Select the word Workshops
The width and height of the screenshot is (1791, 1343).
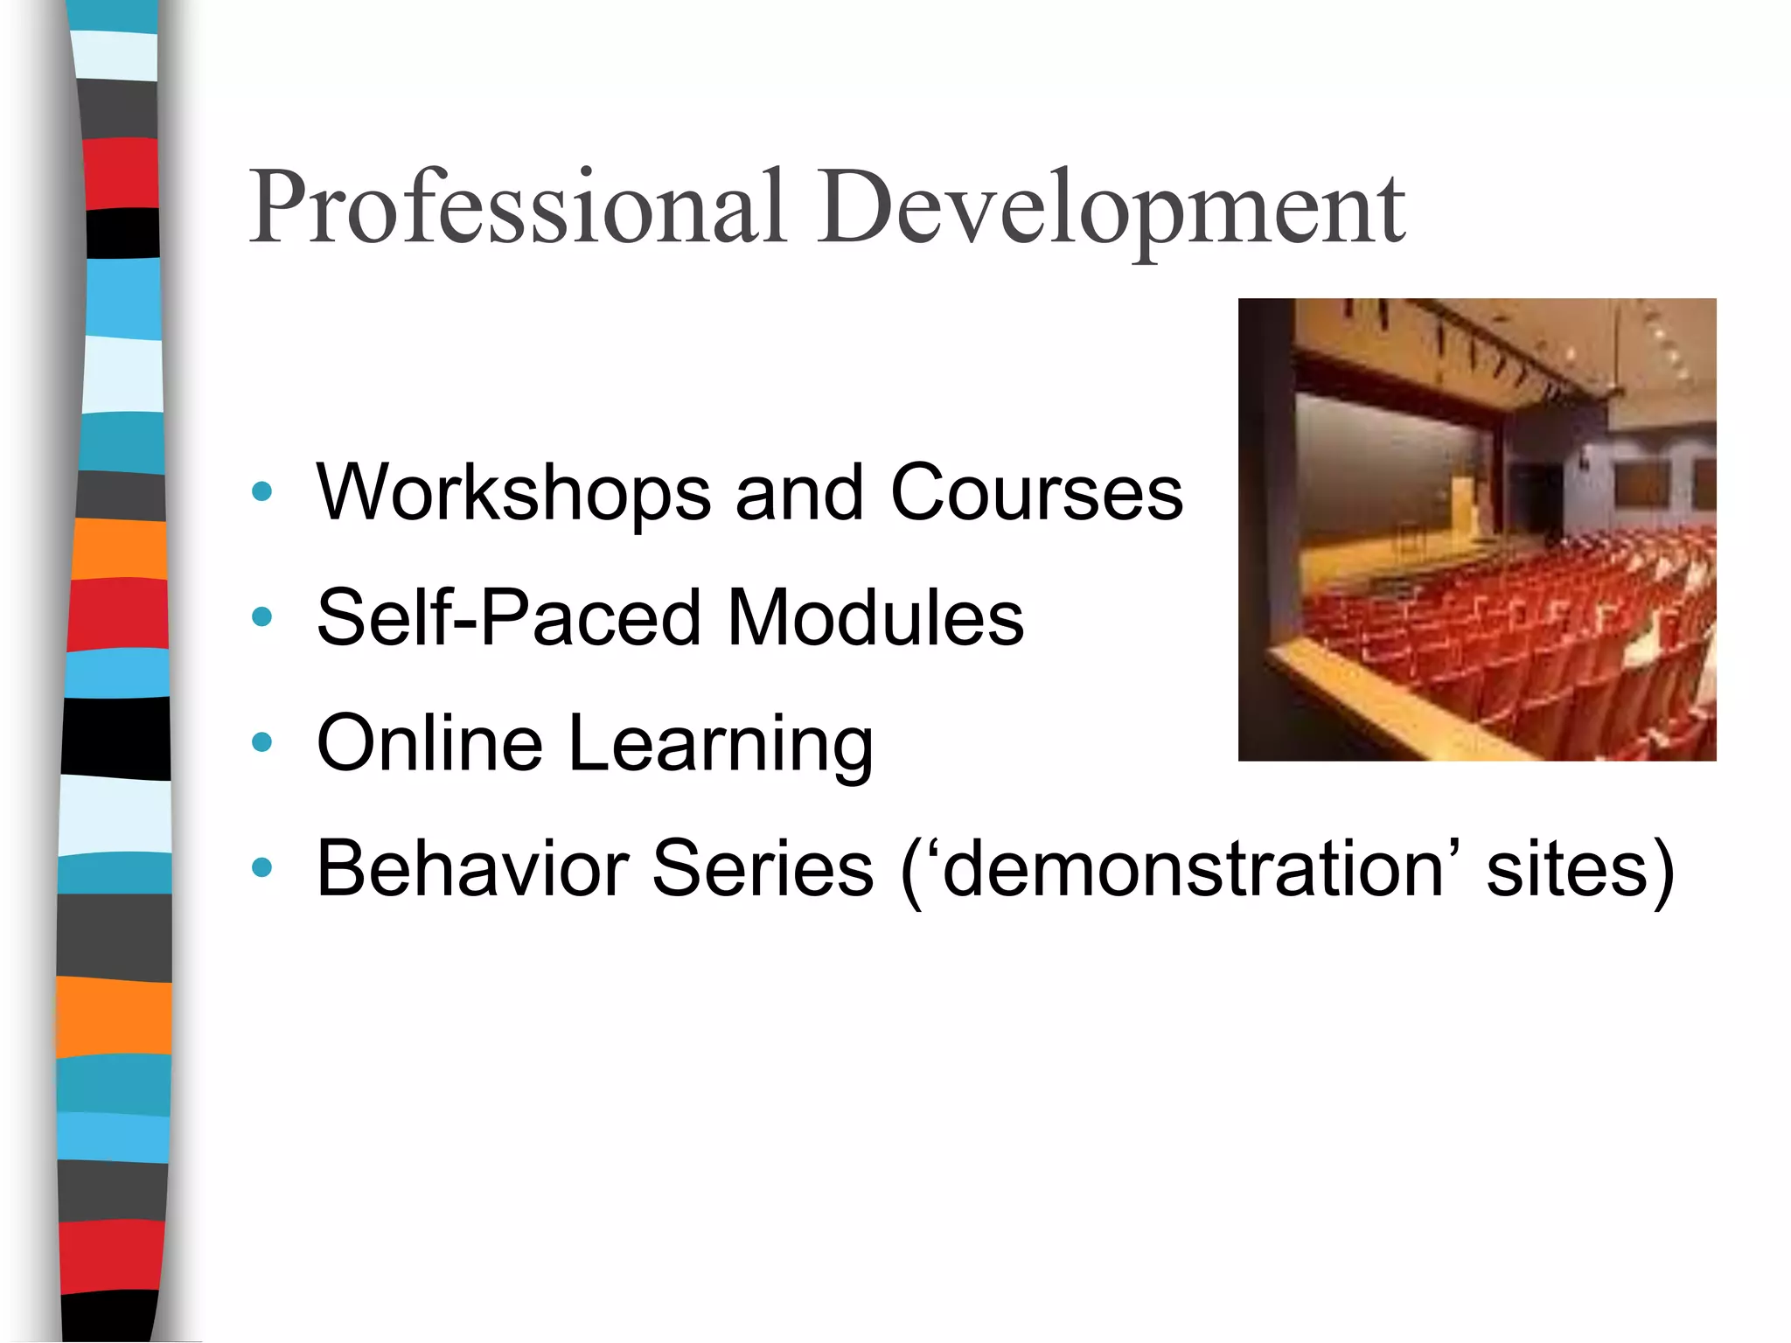click(x=513, y=493)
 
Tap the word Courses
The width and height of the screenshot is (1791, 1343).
click(x=1036, y=493)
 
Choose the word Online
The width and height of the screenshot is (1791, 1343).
click(x=429, y=744)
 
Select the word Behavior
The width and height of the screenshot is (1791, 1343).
click(x=472, y=869)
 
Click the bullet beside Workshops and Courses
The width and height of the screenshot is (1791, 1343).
click(x=261, y=492)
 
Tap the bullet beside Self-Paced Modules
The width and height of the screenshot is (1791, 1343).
click(x=261, y=618)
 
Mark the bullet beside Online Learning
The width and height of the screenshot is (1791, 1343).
click(x=261, y=743)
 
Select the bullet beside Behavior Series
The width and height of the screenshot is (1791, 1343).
click(x=261, y=868)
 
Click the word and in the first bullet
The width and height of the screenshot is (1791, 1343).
click(x=799, y=493)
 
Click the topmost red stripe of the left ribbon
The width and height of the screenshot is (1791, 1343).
click(x=122, y=173)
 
